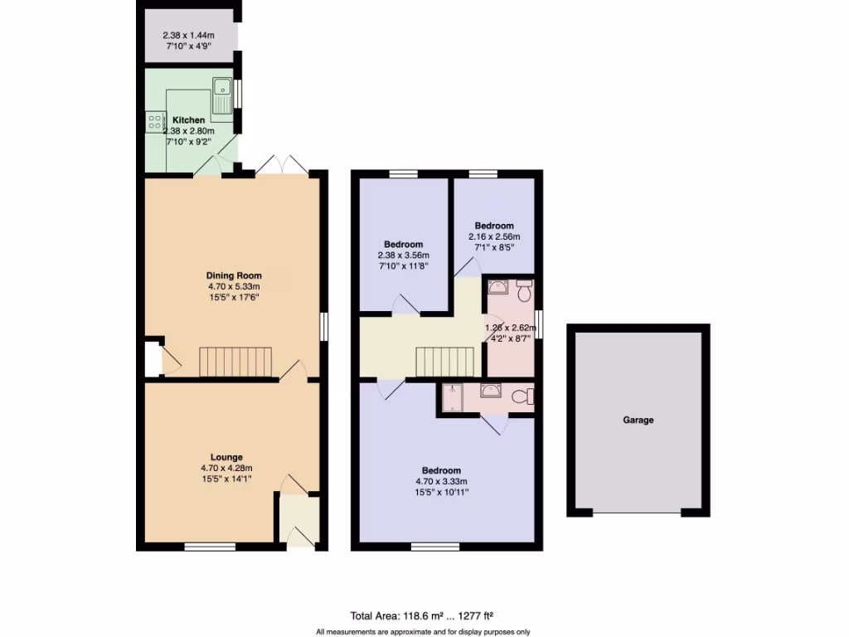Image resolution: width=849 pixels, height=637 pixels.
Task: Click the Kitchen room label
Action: [x=188, y=120]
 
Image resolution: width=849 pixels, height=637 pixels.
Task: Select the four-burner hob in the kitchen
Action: [x=155, y=123]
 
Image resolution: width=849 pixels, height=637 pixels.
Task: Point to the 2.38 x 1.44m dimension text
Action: [x=187, y=36]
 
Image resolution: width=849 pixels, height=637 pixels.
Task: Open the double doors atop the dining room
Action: [x=282, y=166]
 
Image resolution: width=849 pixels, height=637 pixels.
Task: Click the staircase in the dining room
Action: [x=235, y=362]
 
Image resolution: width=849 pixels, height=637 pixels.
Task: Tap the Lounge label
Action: [x=226, y=457]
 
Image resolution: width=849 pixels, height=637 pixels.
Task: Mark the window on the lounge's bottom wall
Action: [x=208, y=546]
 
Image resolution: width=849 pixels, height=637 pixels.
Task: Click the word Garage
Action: [x=638, y=421]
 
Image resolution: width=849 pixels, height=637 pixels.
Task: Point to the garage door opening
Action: [x=638, y=513]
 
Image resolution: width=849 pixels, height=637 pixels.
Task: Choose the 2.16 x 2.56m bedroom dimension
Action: [x=494, y=236]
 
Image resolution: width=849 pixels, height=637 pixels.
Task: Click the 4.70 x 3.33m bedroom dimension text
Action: [x=440, y=482]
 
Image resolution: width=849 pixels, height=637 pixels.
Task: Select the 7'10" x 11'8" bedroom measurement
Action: [x=404, y=267]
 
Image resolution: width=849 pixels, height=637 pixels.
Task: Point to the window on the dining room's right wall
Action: [x=323, y=325]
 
